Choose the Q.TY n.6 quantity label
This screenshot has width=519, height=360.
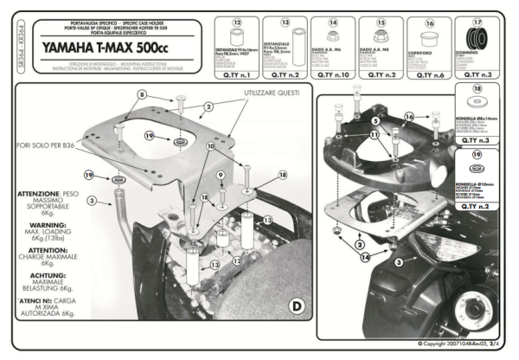pyautogui.click(x=429, y=77)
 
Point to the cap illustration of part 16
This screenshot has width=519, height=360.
pyautogui.click(x=428, y=42)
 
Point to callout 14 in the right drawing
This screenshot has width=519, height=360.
pyautogui.click(x=364, y=258)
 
